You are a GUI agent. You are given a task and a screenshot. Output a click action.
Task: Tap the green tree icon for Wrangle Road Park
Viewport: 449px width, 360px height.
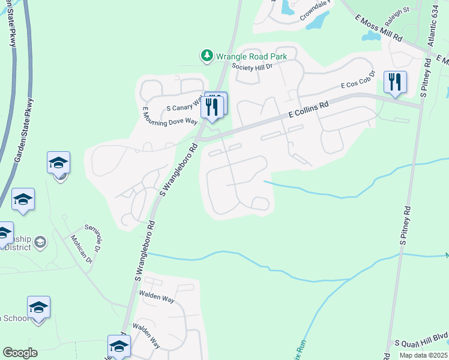click(207, 56)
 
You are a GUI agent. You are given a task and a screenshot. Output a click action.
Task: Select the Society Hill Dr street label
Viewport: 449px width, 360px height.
click(252, 67)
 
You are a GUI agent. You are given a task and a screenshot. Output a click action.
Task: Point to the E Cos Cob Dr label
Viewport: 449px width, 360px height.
click(358, 80)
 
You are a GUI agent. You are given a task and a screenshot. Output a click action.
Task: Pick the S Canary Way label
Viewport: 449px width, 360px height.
click(184, 106)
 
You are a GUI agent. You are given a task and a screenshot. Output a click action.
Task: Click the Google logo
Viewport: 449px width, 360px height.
click(20, 353)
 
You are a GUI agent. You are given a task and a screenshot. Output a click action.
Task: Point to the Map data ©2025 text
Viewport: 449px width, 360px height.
click(423, 355)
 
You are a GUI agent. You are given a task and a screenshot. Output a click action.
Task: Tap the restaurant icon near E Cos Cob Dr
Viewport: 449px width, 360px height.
click(395, 82)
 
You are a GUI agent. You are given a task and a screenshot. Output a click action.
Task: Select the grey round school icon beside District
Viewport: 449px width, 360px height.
click(40, 242)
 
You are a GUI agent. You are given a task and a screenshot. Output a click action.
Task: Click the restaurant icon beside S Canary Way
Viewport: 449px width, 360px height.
click(212, 106)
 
